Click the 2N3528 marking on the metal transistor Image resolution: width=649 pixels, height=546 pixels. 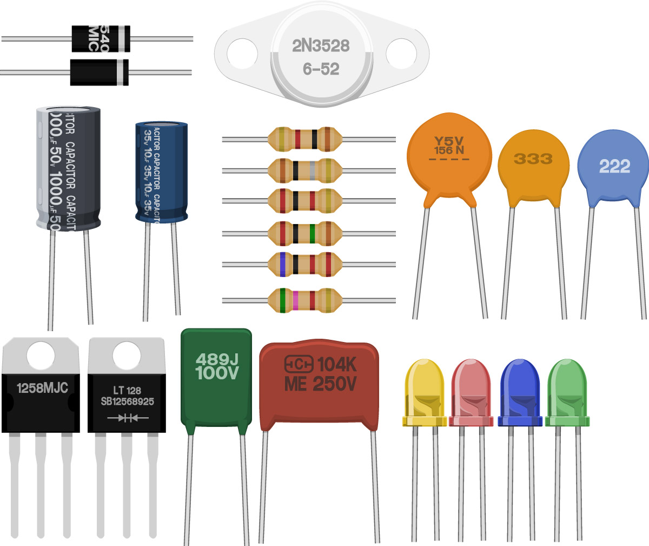point(321,46)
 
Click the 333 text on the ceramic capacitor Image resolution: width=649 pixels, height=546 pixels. point(533,159)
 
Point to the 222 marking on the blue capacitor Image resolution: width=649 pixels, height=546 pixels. point(614,166)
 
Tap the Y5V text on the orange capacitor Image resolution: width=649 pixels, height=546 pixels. point(449,142)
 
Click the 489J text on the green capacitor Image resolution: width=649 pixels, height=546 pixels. point(216,359)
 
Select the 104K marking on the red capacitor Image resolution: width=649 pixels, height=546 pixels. point(337,365)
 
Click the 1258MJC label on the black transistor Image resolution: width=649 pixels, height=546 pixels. point(42,388)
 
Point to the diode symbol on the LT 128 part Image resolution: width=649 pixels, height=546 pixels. point(128,418)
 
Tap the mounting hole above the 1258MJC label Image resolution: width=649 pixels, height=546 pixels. point(41,356)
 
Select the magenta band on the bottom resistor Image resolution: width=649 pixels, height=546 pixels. point(295,300)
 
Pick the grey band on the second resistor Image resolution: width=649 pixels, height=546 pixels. point(314,171)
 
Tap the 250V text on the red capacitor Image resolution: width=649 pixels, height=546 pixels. point(334,384)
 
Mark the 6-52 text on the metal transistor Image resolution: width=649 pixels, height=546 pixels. point(321,69)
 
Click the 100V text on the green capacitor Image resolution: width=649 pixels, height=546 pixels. point(216,373)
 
